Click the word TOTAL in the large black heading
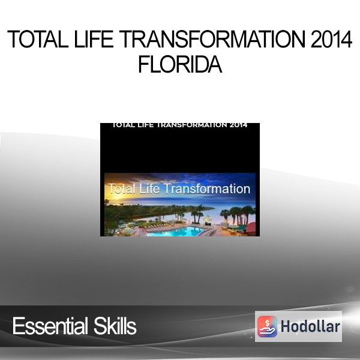click(x=38, y=39)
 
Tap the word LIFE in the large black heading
click(x=94, y=39)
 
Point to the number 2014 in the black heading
click(x=332, y=39)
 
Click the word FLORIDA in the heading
click(x=180, y=64)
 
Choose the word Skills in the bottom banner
click(x=115, y=326)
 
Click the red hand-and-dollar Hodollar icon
click(x=267, y=326)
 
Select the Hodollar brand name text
click(x=310, y=326)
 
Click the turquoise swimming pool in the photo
click(x=176, y=231)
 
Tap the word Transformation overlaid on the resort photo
click(x=208, y=189)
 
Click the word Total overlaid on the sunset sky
click(x=121, y=189)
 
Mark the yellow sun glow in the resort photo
click(x=110, y=197)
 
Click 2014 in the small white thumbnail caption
click(x=239, y=125)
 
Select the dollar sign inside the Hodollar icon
click(x=267, y=323)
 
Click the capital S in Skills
click(x=99, y=326)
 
